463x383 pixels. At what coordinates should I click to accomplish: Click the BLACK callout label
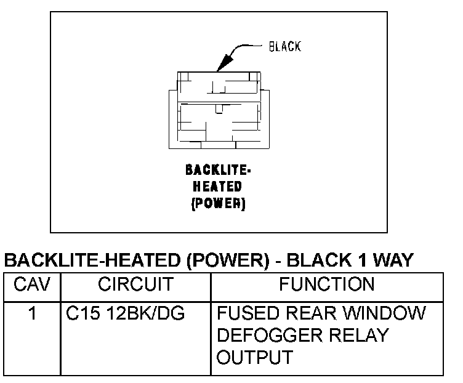[284, 47]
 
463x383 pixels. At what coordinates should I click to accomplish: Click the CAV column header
[30, 284]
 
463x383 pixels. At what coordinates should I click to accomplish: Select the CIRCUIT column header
[135, 284]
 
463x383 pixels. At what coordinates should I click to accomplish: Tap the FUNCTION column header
[326, 284]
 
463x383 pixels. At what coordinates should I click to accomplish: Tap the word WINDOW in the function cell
[386, 314]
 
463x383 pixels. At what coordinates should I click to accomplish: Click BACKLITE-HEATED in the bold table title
[92, 261]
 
